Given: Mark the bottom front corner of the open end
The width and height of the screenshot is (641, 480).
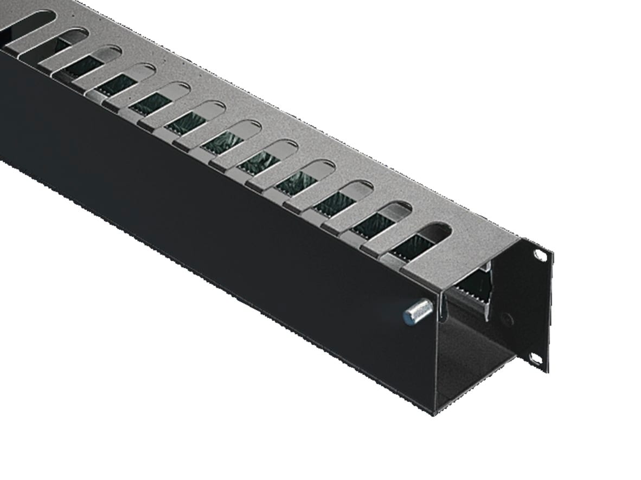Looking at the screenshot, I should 434,414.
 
